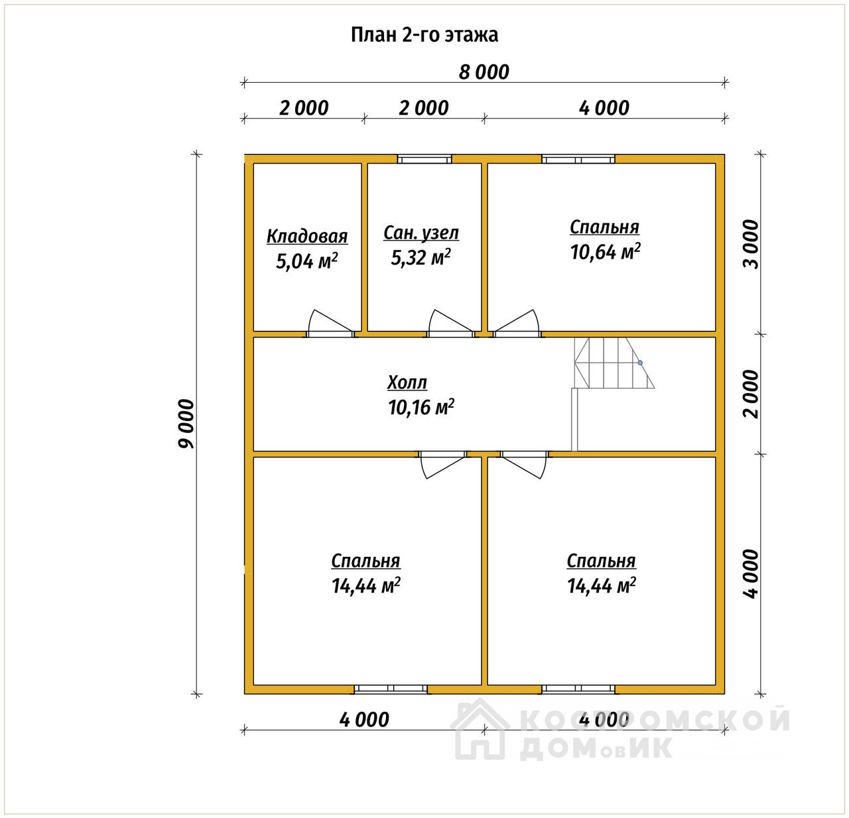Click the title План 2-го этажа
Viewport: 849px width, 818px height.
[424, 35]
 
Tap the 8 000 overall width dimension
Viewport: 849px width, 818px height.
[484, 72]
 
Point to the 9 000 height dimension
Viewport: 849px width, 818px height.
[186, 424]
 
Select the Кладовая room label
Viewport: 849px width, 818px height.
[307, 237]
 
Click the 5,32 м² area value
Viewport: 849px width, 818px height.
[421, 257]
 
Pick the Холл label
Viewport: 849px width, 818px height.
[407, 382]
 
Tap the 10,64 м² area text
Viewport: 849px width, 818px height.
[605, 252]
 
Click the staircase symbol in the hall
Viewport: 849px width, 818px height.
[614, 363]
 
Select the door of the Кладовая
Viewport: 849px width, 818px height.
[330, 323]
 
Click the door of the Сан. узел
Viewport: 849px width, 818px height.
[450, 323]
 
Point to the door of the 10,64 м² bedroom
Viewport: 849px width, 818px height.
[517, 323]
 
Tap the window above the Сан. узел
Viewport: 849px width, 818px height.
[424, 159]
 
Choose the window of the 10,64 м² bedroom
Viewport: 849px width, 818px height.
[578, 159]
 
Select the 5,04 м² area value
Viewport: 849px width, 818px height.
[306, 261]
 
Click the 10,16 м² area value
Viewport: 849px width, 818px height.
[421, 407]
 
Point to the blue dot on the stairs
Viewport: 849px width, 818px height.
[640, 363]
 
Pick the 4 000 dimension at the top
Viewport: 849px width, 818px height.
[604, 108]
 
